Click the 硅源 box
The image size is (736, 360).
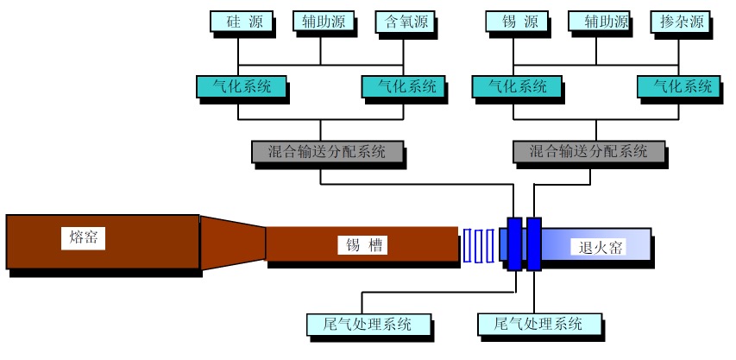tap(237, 22)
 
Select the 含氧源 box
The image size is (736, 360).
tap(403, 22)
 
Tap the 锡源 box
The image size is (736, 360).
tap(512, 22)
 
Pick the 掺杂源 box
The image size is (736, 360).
tap(677, 22)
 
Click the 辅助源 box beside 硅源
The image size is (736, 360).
tap(320, 22)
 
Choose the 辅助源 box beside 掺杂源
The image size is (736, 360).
tap(594, 22)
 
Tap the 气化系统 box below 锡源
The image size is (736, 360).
tap(517, 86)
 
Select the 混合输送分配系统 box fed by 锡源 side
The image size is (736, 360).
tap(589, 152)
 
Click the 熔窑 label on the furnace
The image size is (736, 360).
tap(84, 237)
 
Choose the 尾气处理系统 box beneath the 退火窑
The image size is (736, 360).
tap(538, 325)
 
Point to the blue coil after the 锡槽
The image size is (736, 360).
tap(480, 244)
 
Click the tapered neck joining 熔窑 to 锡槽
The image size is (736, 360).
tap(233, 243)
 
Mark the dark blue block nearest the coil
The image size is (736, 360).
tap(515, 244)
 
